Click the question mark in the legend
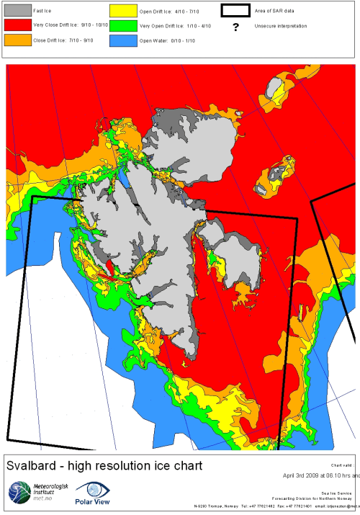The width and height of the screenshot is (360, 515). click(x=235, y=26)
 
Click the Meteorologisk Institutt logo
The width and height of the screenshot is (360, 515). click(x=20, y=493)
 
